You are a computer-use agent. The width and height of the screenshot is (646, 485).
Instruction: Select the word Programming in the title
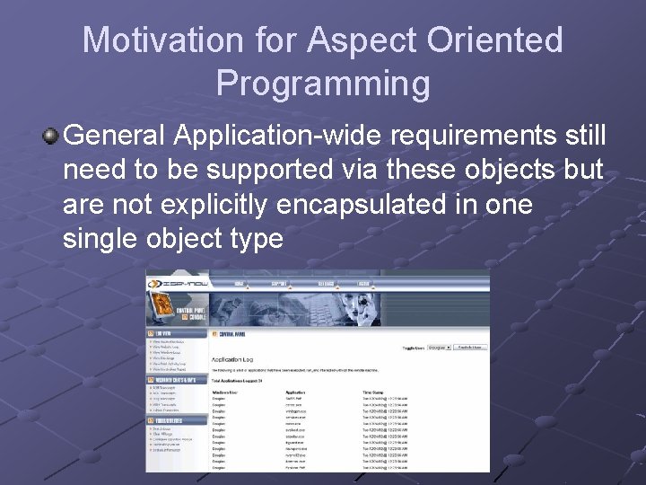coord(323,84)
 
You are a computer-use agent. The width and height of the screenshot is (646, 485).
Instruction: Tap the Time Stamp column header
coord(374,392)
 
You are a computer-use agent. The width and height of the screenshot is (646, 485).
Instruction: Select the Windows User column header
coord(224,392)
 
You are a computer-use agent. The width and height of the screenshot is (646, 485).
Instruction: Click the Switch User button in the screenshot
coord(469,346)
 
